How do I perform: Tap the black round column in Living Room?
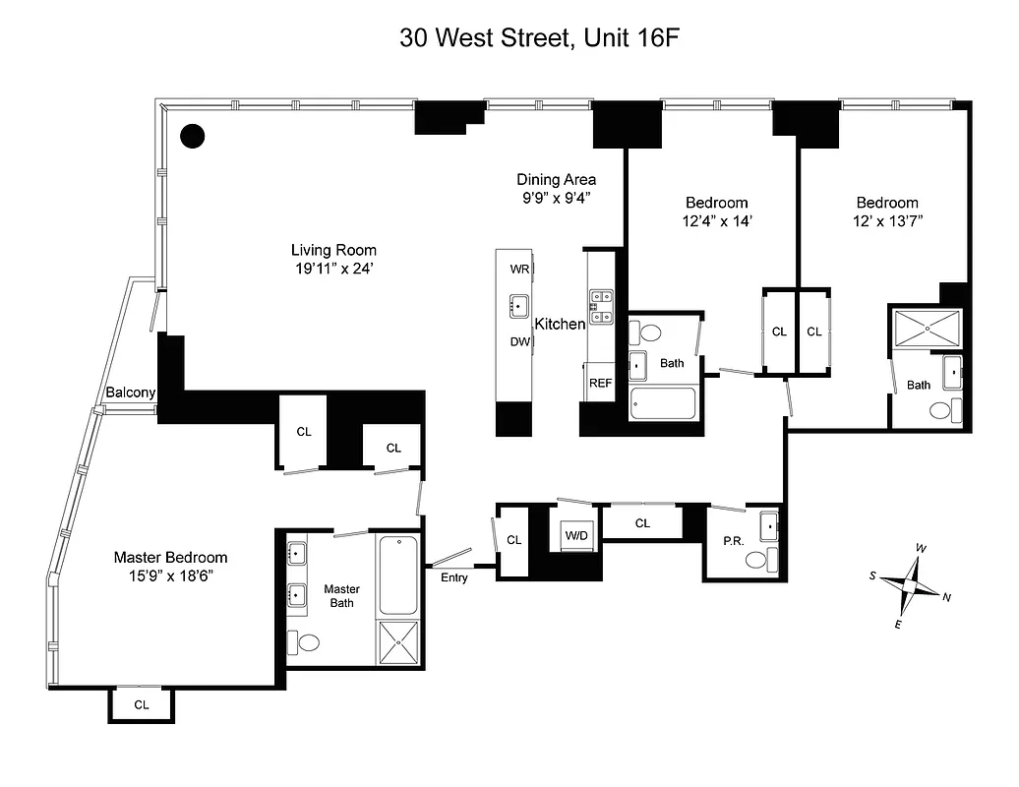193,136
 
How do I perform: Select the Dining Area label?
557,179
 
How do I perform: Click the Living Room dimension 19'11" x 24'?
332,269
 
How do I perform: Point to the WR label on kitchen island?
518,269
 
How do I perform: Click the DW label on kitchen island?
519,341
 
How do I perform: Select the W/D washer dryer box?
575,535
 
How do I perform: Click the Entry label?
453,577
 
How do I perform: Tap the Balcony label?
131,393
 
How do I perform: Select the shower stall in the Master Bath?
399,643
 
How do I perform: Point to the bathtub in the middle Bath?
663,403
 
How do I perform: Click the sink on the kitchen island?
518,306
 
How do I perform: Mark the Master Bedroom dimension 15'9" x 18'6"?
170,575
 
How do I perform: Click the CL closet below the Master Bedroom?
141,704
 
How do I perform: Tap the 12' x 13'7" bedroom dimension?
886,221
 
